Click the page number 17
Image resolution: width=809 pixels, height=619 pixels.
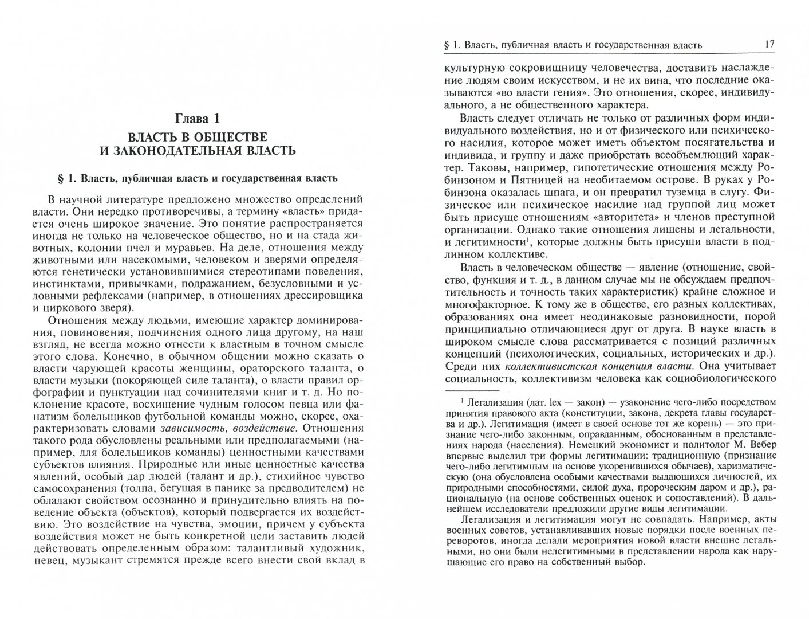pyautogui.click(x=769, y=44)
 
